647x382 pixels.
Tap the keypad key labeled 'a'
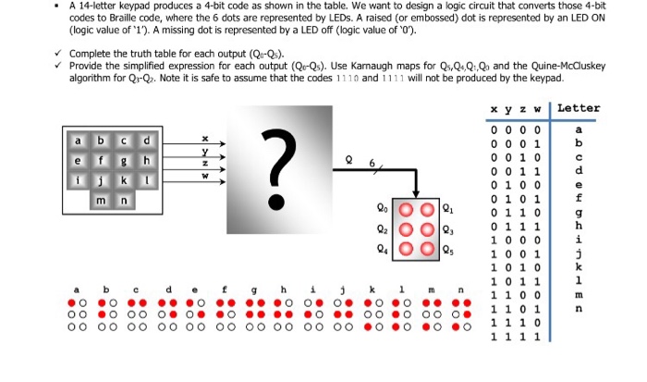tap(79, 141)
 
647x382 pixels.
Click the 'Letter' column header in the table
tap(579, 108)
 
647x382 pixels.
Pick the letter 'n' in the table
tap(578, 308)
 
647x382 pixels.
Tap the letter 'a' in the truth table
tap(578, 129)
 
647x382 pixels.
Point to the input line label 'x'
tap(205, 141)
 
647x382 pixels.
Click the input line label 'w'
tap(205, 176)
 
